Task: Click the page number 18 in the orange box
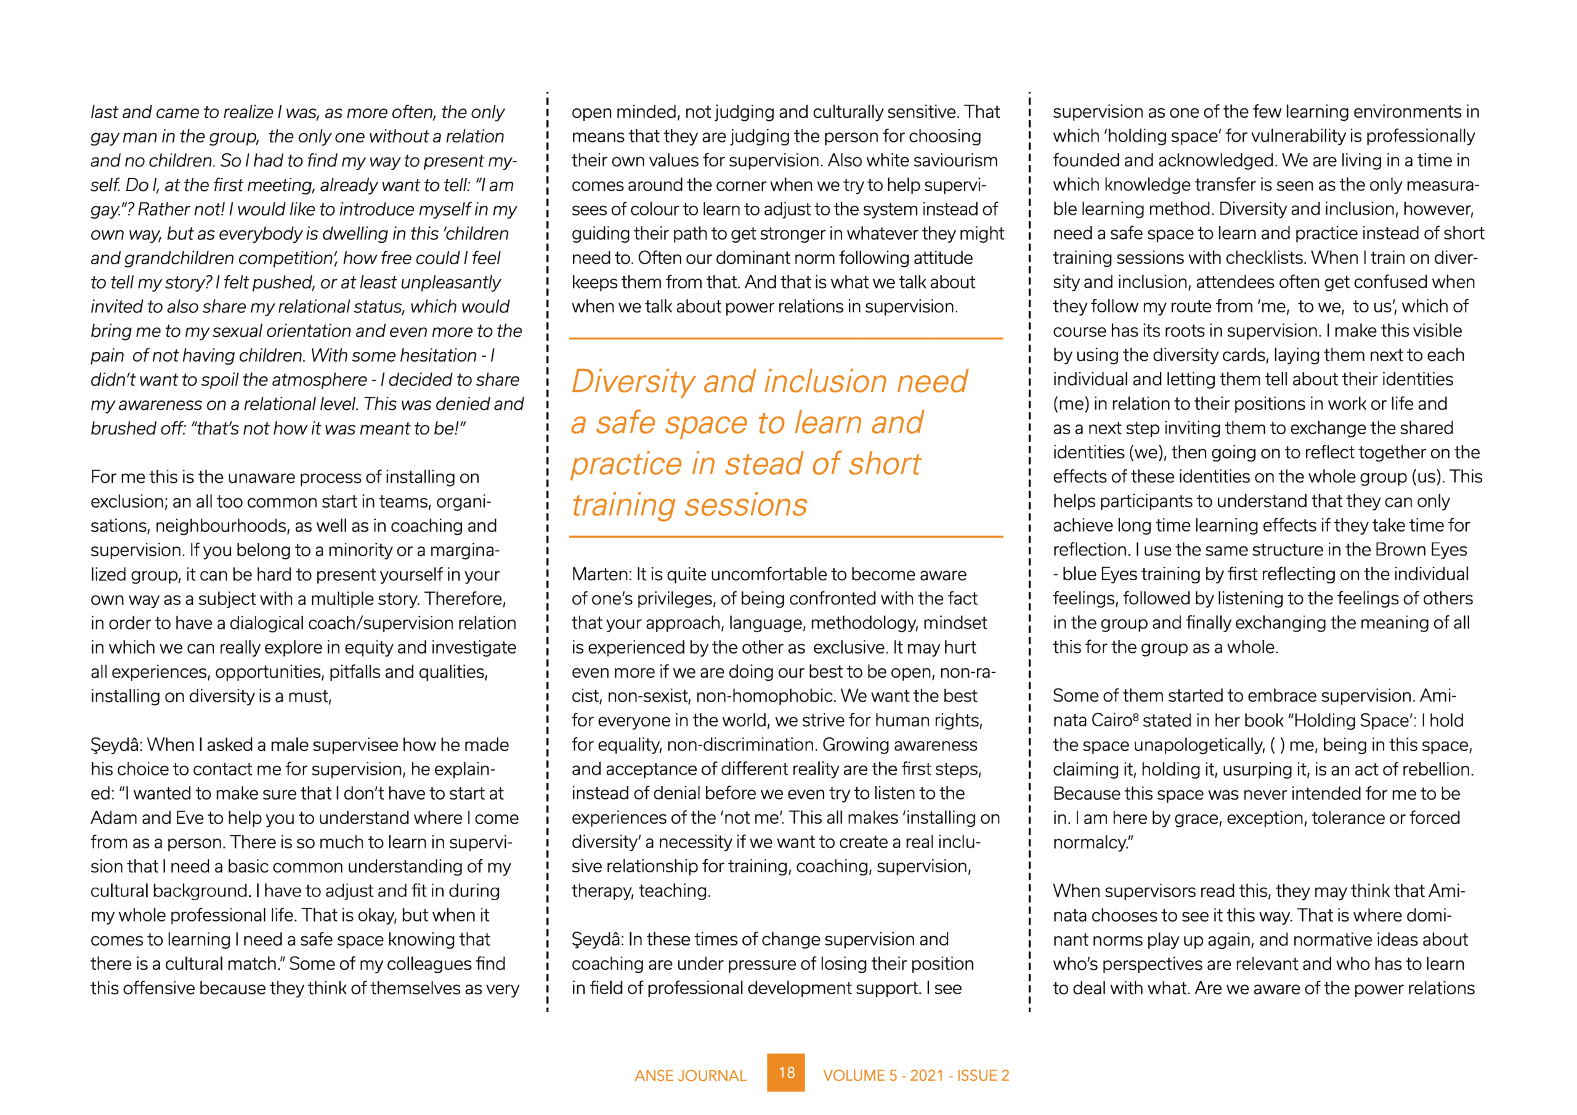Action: [786, 1072]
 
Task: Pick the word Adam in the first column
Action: [113, 818]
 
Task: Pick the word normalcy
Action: [1092, 843]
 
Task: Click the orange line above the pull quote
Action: [786, 339]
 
